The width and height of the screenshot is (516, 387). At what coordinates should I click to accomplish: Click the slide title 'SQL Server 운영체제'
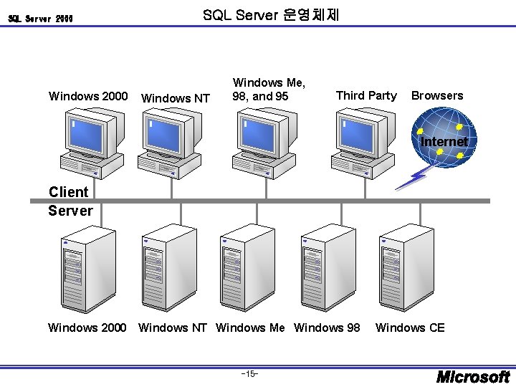pos(272,15)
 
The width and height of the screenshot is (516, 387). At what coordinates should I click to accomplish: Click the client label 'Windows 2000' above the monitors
pos(87,96)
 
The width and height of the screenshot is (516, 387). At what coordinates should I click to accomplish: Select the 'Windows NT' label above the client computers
pos(176,98)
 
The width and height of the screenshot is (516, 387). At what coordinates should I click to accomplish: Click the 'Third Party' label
pos(365,95)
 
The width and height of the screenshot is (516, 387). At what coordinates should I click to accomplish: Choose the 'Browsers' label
pos(437,95)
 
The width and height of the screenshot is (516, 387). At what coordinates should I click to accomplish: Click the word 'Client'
pos(68,191)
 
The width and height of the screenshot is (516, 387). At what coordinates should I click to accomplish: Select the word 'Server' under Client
pos(70,211)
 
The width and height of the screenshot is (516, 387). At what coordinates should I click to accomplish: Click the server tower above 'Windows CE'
pos(398,264)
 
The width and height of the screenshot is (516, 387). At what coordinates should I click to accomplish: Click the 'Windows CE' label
pos(410,328)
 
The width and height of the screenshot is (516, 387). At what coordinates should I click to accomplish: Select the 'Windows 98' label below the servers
pos(328,328)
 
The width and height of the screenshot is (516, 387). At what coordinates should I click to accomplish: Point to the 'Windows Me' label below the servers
pos(250,328)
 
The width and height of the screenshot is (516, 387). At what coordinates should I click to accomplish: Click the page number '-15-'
pos(250,373)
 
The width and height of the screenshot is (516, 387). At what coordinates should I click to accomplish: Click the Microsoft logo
pos(473,376)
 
